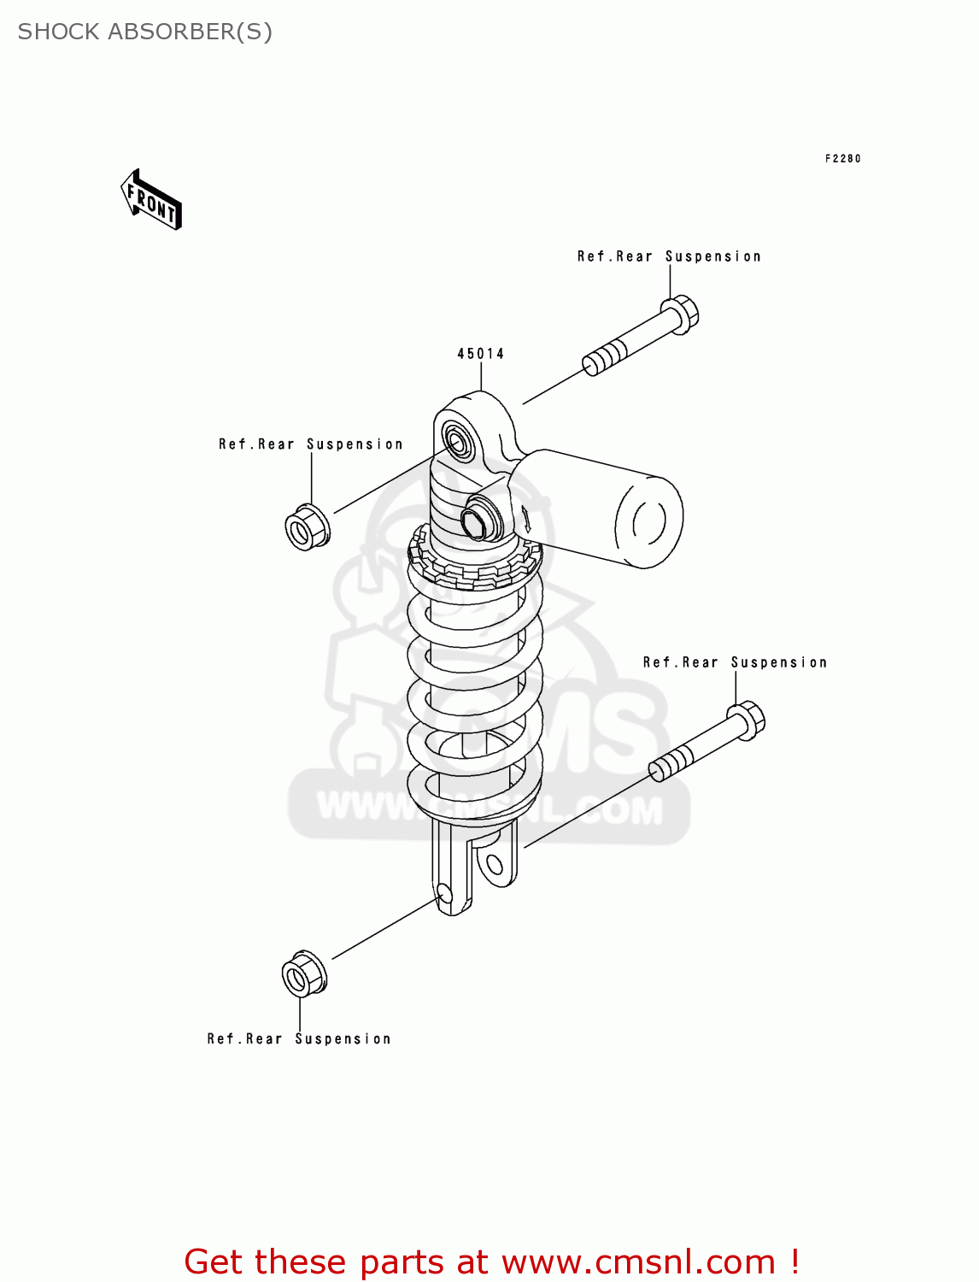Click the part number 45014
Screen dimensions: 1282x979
click(481, 354)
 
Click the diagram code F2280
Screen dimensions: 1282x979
click(842, 159)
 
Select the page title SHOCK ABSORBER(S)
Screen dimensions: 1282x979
click(145, 32)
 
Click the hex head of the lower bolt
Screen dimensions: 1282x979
click(747, 720)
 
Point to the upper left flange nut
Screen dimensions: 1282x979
click(306, 527)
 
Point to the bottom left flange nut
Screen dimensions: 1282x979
click(303, 973)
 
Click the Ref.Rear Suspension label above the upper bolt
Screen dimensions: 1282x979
click(669, 256)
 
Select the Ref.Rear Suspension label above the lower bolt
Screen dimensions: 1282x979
click(735, 662)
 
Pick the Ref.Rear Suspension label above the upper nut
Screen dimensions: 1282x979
click(311, 444)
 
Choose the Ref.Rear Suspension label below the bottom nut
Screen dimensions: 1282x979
click(299, 1039)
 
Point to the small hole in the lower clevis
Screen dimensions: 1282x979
click(443, 894)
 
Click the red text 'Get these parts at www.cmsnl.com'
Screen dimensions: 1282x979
click(491, 1261)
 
